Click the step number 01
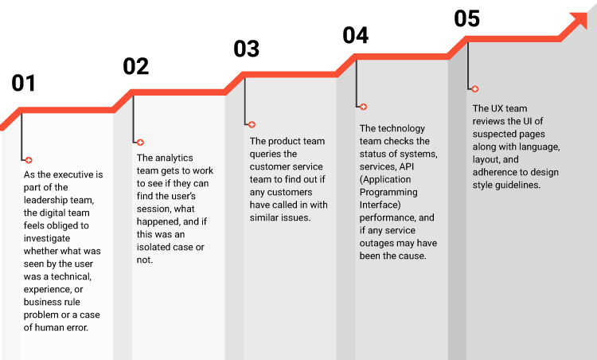[24, 84]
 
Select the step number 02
[136, 66]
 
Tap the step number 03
[247, 49]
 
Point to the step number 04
[356, 35]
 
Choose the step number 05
[467, 18]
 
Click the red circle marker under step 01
[29, 160]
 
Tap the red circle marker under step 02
[140, 143]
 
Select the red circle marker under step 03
[252, 125]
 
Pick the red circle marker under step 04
[363, 107]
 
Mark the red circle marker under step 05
[474, 89]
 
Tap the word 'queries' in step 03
[267, 153]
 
